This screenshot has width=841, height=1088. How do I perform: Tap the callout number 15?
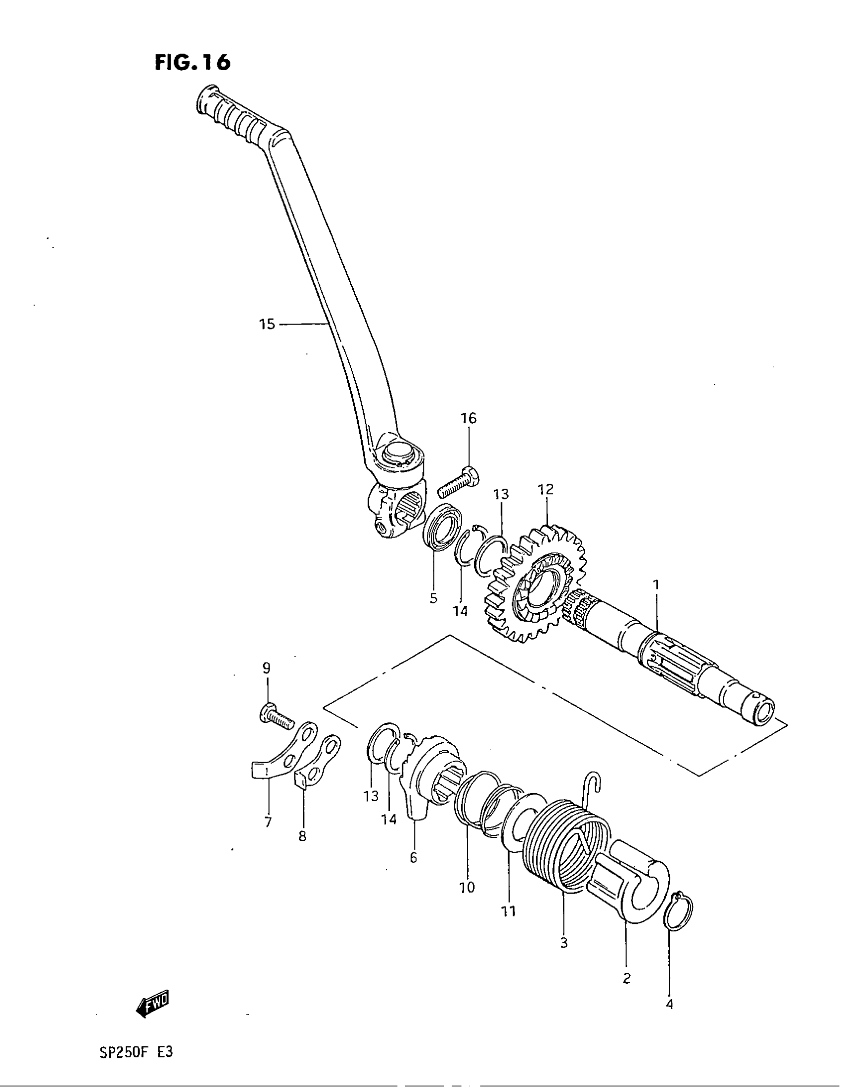pos(267,324)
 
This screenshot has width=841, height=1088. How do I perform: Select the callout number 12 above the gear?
pos(546,489)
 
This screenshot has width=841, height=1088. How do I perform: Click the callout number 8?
pos(302,836)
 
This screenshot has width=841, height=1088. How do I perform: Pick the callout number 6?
pos(413,858)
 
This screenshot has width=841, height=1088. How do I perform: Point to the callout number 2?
pos(627,978)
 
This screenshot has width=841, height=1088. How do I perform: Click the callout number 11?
pos(509,911)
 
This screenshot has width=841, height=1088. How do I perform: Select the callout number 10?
pos(467,887)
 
